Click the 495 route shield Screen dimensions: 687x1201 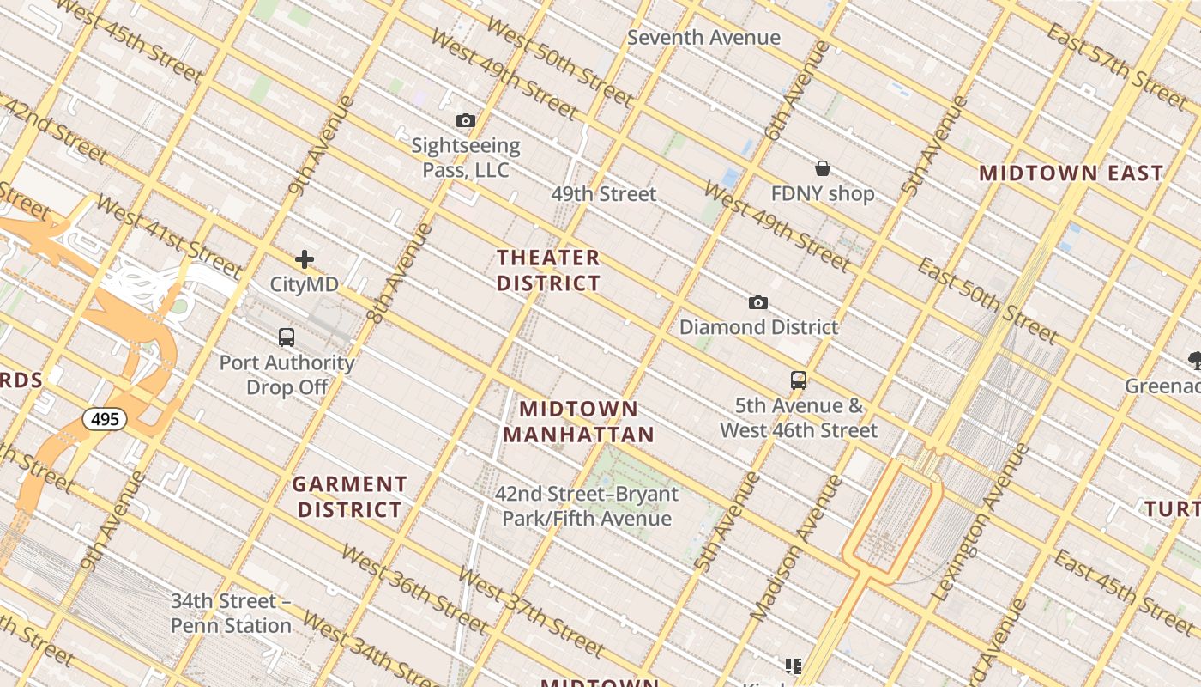(105, 419)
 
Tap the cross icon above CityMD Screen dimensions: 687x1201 (304, 259)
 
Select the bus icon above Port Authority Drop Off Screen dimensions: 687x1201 (287, 337)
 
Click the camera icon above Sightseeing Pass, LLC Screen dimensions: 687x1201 (466, 120)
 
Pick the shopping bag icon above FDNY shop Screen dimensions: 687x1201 (823, 168)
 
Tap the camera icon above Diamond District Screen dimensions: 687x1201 (758, 302)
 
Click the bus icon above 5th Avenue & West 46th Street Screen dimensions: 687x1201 (799, 380)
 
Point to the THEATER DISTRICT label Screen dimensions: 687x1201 (548, 270)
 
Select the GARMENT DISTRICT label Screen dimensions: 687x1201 (349, 497)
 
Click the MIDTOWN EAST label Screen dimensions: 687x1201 (1071, 173)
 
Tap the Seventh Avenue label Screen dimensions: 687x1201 (703, 38)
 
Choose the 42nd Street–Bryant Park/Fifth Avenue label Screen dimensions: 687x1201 (587, 506)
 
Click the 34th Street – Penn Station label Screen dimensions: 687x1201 (231, 613)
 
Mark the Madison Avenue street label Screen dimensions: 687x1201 (797, 548)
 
